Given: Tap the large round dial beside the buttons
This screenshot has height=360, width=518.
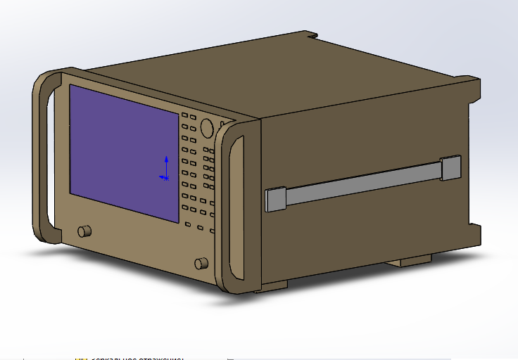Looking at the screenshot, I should pos(207,127).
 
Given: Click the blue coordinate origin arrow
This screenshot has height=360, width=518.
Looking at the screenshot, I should pos(166,167).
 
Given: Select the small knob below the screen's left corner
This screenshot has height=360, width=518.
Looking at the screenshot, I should pos(84,231).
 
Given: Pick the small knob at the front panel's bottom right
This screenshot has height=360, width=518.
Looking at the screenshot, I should pos(201,264).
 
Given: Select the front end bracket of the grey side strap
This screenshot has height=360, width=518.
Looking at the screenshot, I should pos(275,199).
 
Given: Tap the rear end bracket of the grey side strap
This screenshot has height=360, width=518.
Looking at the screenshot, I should pos(450,168).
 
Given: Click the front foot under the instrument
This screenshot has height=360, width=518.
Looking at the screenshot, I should pos(274,285).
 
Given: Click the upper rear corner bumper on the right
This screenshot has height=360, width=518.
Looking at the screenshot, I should pos(473,91).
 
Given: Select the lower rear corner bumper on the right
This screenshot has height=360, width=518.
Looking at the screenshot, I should pos(475,236).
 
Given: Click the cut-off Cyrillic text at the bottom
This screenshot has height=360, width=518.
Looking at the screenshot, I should pos(134,358).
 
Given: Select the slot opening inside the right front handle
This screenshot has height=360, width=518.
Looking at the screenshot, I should pos(236,211).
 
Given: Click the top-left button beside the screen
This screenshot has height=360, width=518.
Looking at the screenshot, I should pos(185,115).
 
